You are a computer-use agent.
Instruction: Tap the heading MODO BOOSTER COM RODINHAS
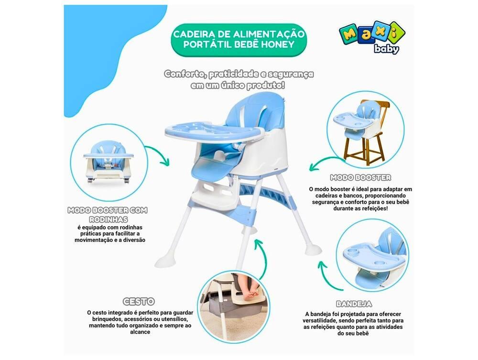(x=107, y=214)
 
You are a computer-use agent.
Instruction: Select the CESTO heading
(x=139, y=301)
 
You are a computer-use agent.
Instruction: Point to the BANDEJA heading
(x=354, y=304)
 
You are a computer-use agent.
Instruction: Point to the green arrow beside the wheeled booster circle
(x=158, y=155)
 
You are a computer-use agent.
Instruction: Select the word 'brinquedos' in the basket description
(x=104, y=319)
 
